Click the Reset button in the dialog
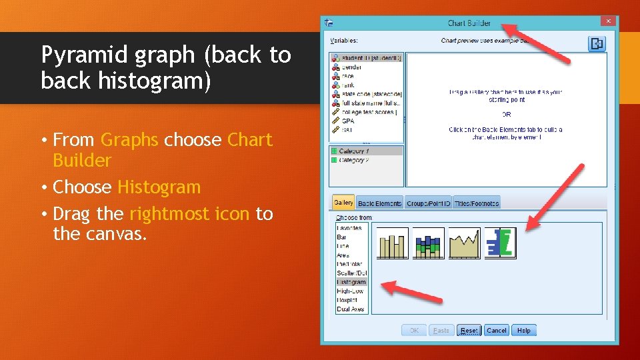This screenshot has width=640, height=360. tap(469, 331)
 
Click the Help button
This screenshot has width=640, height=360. tap(524, 331)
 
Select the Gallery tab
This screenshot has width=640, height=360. tap(343, 203)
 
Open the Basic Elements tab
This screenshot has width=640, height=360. tap(379, 203)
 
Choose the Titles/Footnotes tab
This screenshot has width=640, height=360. tap(477, 203)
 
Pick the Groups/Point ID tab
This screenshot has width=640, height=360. tap(429, 203)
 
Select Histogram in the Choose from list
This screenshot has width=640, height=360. tap(351, 282)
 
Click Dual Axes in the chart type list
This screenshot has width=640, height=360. tap(351, 309)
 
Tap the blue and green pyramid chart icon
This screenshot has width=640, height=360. tap(501, 243)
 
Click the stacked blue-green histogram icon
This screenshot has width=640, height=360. tap(428, 243)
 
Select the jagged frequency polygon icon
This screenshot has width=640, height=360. tap(464, 243)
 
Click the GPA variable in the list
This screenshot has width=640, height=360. tap(348, 121)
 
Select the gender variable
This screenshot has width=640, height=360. tap(351, 67)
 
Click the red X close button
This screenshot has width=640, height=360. tap(608, 21)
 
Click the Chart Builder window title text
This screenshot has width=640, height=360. tap(469, 23)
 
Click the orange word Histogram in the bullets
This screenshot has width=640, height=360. tap(159, 187)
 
